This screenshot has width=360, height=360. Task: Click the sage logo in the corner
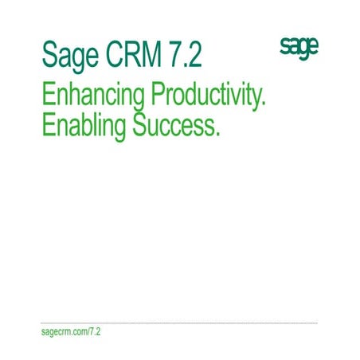(299, 47)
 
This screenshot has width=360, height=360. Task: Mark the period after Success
(217, 134)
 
